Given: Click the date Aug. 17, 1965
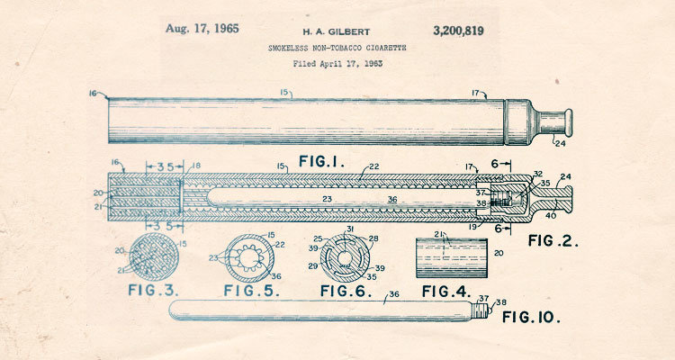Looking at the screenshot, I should click(202, 28).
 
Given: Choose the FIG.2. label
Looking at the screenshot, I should click(553, 240).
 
